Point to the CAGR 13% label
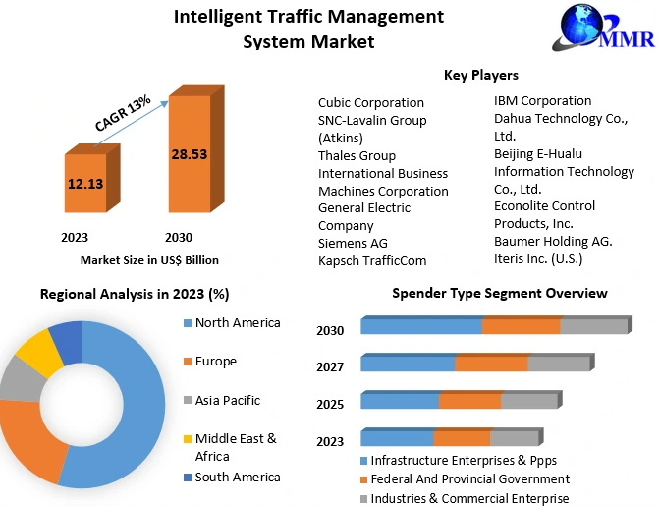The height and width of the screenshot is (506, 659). [x=123, y=112]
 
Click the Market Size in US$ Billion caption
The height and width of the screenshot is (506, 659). [x=149, y=260]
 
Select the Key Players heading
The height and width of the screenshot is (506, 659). [x=481, y=75]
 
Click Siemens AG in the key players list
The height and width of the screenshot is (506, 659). [x=353, y=243]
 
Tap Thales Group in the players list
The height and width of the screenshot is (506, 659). [x=357, y=155]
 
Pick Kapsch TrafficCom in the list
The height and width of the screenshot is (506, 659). [x=372, y=260]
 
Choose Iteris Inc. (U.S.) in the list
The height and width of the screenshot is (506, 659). [x=538, y=258]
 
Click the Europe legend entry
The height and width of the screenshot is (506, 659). [x=215, y=362]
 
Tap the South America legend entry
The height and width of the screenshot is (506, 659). [x=237, y=477]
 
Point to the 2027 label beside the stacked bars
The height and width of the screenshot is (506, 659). [x=330, y=366]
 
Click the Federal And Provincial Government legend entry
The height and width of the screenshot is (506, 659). [x=470, y=479]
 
